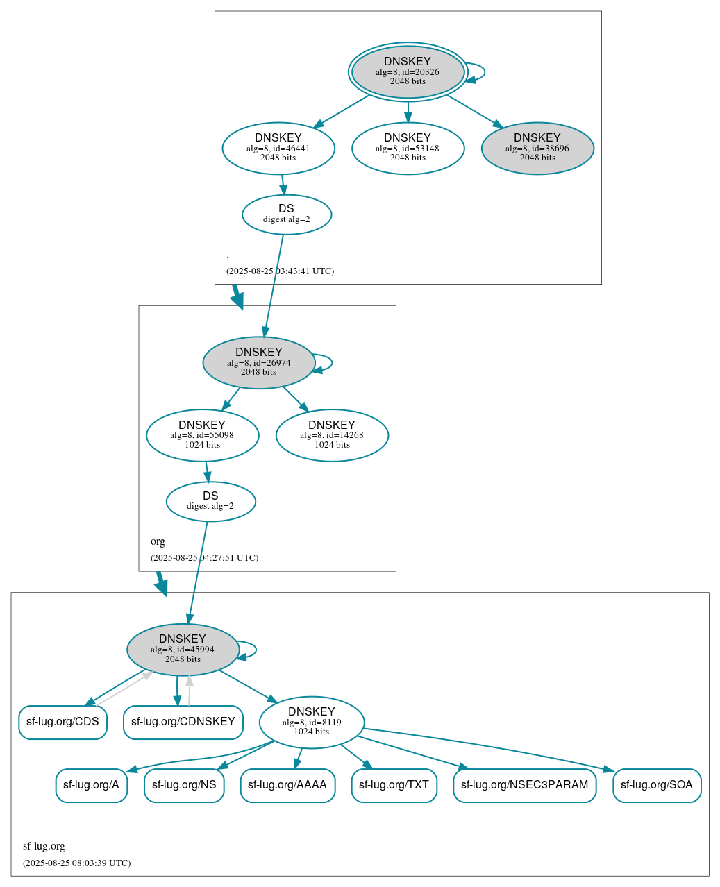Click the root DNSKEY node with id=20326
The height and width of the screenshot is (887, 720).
pyautogui.click(x=408, y=72)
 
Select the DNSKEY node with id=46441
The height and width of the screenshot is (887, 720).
pyautogui.click(x=278, y=148)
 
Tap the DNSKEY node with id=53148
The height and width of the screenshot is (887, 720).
pyautogui.click(x=408, y=148)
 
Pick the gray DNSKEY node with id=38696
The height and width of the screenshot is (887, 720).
pyautogui.click(x=537, y=148)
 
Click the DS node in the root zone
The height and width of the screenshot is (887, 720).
pyautogui.click(x=287, y=214)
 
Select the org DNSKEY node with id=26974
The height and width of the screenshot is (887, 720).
pyautogui.click(x=259, y=362)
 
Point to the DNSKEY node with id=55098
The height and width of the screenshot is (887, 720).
pyautogui.click(x=202, y=435)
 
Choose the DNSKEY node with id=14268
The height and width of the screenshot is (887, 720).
pyautogui.click(x=332, y=435)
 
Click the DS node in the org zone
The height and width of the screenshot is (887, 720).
pyautogui.click(x=210, y=501)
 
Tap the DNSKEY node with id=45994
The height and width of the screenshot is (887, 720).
pyautogui.click(x=183, y=650)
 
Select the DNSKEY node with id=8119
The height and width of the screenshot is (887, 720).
pyautogui.click(x=312, y=722)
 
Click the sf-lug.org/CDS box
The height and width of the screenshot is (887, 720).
pyautogui.click(x=62, y=723)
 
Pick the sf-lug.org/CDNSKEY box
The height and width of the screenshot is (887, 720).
pyautogui.click(x=183, y=723)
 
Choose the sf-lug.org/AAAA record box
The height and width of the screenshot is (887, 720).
pyautogui.click(x=287, y=786)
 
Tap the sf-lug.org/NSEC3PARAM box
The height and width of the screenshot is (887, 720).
pyautogui.click(x=524, y=786)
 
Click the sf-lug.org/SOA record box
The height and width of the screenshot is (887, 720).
pyautogui.click(x=657, y=786)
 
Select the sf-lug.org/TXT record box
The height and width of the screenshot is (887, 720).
pyautogui.click(x=394, y=786)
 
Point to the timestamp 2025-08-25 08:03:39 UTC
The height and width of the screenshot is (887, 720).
pyautogui.click(x=76, y=863)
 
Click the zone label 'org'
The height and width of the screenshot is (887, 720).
pyautogui.click(x=158, y=541)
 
